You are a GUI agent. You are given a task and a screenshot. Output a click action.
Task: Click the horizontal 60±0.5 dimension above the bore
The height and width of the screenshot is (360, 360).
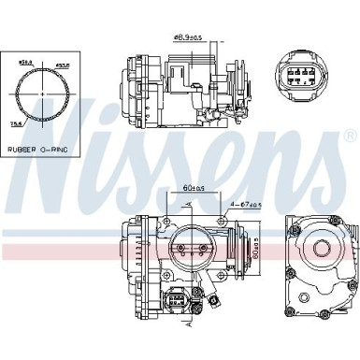click(194, 188)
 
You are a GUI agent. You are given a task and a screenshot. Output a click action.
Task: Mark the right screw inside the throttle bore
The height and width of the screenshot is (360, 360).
click(203, 249)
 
